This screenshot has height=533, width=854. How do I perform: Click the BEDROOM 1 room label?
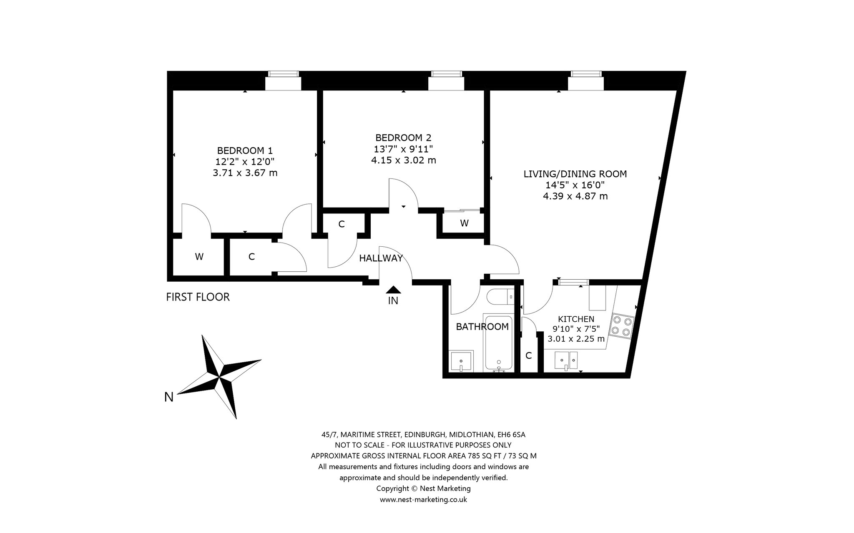[245, 150]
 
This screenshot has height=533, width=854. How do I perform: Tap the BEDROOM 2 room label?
[403, 138]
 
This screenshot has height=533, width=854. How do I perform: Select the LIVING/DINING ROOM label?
[575, 174]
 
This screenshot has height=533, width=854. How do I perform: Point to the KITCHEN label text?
[576, 319]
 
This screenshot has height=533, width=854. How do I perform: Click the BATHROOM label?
[482, 327]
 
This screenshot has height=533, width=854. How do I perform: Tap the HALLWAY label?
[381, 258]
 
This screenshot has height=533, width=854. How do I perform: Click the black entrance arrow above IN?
[393, 290]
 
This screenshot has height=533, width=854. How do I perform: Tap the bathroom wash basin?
[461, 361]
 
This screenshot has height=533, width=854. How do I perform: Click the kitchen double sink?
[566, 361]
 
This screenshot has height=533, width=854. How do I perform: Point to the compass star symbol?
[219, 376]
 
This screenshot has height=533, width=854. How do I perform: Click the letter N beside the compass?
[169, 397]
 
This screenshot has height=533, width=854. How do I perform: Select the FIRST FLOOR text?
[198, 297]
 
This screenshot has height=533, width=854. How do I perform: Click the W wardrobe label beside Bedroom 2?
[464, 223]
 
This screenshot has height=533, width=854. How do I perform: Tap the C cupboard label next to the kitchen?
[529, 355]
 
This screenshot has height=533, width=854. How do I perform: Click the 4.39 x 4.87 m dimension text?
[575, 196]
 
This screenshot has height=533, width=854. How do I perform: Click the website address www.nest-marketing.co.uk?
[423, 499]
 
